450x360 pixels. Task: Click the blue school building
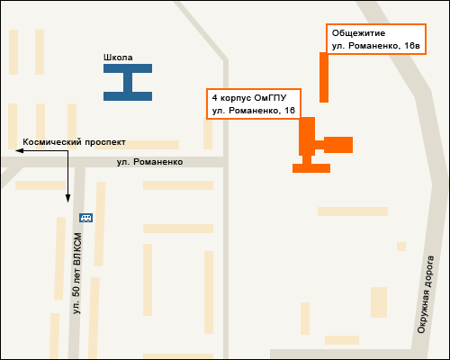(128, 82)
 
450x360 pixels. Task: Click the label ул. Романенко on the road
(149, 162)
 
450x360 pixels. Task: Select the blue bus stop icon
(85, 217)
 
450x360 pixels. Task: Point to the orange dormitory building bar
(324, 77)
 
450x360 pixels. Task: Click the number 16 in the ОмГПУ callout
(290, 110)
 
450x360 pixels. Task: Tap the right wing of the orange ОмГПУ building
(338, 144)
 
